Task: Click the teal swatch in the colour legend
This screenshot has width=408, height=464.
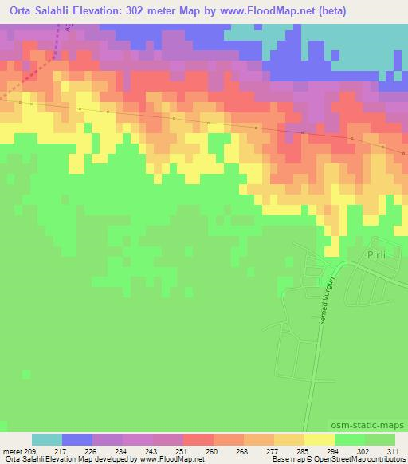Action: point(47,439)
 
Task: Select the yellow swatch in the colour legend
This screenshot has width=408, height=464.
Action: point(320,439)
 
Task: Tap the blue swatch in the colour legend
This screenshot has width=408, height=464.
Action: point(77,439)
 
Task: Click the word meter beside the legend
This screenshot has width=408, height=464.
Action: point(14,450)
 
